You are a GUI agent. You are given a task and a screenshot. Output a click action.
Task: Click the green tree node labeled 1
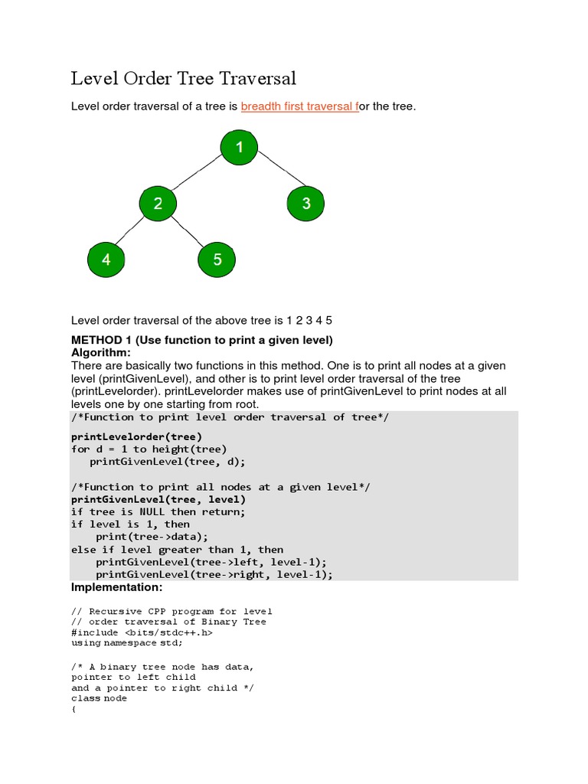tap(239, 147)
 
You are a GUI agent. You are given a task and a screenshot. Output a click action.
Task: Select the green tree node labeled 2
tap(158, 203)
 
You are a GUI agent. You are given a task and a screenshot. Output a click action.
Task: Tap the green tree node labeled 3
tap(305, 203)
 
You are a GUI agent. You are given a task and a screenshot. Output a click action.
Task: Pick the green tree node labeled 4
tap(106, 260)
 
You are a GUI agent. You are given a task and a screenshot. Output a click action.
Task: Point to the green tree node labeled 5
tap(217, 260)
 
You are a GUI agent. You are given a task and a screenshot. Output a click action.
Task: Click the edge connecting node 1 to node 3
tap(273, 175)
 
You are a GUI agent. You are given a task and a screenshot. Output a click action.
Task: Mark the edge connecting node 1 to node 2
tap(198, 175)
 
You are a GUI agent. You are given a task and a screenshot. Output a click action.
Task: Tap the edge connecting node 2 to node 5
tap(188, 232)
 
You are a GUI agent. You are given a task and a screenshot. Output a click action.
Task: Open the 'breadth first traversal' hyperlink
tap(299, 106)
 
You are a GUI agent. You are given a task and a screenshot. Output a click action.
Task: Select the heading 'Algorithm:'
tap(101, 353)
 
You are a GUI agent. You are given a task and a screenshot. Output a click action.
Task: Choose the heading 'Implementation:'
tap(116, 587)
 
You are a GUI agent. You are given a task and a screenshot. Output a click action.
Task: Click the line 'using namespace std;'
tap(127, 643)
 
